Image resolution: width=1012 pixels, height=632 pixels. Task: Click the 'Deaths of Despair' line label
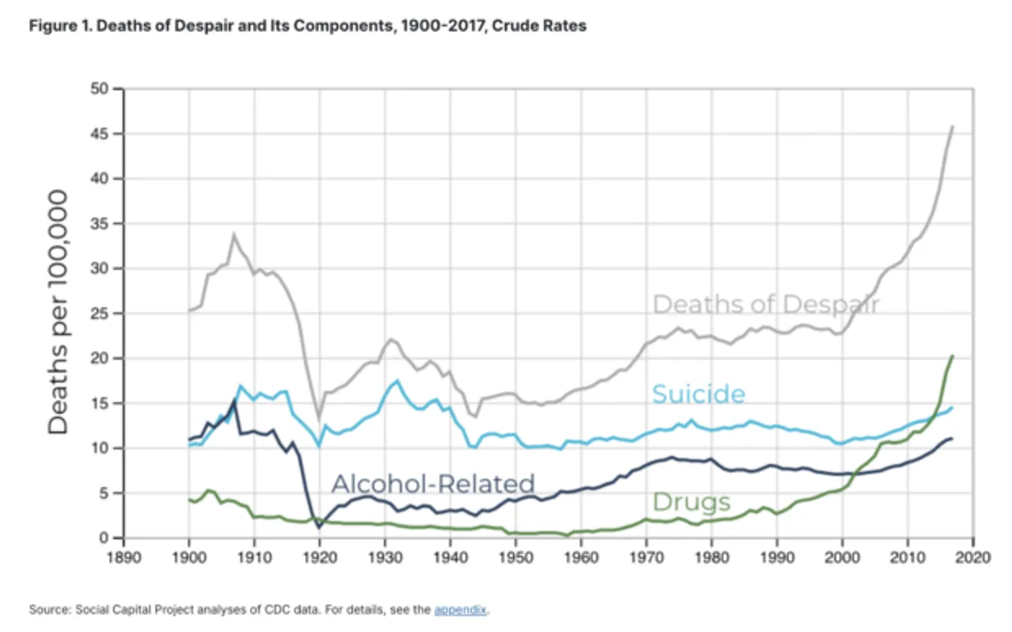coord(765,305)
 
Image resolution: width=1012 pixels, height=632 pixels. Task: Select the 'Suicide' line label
coord(698,394)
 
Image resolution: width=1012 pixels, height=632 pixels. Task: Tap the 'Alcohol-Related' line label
coord(432,483)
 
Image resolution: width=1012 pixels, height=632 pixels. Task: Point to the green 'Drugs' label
coord(691,501)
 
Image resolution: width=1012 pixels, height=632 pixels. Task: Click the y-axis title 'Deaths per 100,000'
coord(59,311)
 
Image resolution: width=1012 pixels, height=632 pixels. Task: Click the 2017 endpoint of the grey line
coord(953,127)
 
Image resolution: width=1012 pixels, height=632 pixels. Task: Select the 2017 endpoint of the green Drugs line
coord(953,356)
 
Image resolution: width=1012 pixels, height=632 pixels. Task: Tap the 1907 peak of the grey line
coord(234,234)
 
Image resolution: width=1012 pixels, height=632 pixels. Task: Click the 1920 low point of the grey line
coord(319,418)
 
